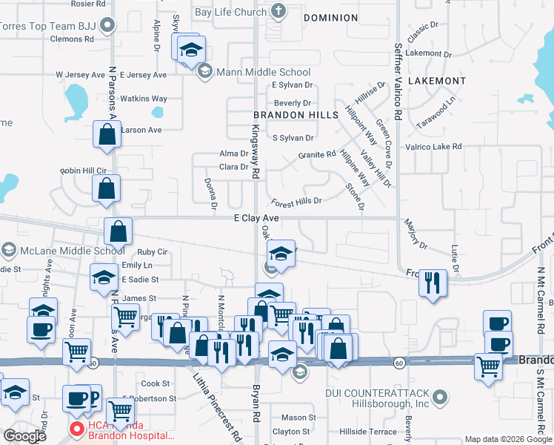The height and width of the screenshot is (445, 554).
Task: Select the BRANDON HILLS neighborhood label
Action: pos(296,115)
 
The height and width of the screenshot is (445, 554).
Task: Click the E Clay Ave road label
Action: pos(256,218)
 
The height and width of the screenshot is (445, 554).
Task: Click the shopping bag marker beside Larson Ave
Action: pos(107,135)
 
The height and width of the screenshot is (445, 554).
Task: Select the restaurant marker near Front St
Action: pos(433,283)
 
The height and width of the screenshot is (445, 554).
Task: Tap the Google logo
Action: pos(24,436)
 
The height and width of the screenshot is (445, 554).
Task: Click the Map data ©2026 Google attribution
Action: pos(509,439)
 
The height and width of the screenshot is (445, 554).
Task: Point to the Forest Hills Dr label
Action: pos(296,202)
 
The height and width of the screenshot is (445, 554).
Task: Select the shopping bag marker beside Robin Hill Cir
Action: pos(107,188)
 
